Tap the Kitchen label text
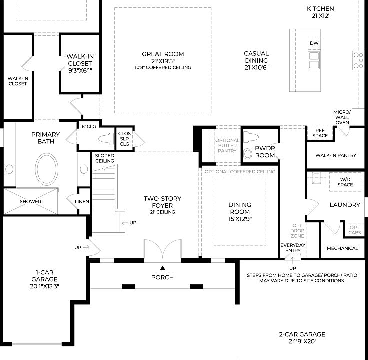point(320,12)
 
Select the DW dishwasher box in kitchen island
point(314,44)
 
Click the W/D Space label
point(345,182)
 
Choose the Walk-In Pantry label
point(336,156)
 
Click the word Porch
point(162,277)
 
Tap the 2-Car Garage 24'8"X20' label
point(302,338)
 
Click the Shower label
point(30,202)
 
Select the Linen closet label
point(82,202)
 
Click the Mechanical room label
point(342,248)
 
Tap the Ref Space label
point(320,133)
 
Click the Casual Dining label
point(256,60)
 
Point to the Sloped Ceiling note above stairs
point(105,158)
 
